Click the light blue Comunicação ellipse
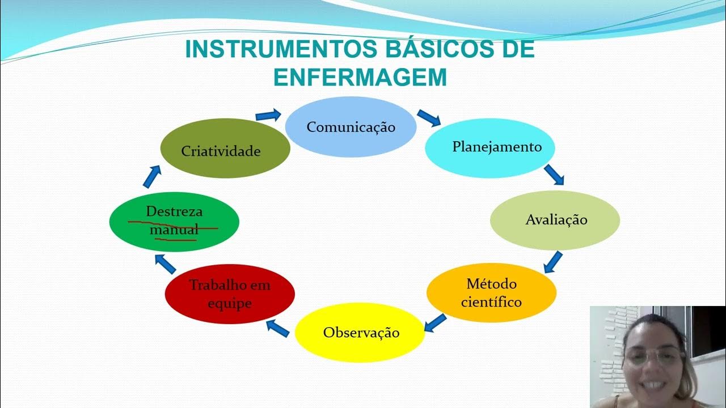tap(351, 127)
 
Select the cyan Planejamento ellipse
tap(489, 147)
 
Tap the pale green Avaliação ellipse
tap(555, 220)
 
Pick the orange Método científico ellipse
tap(491, 293)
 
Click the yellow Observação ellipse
tap(361, 333)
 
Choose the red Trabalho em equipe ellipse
tap(230, 294)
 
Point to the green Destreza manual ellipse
tap(174, 221)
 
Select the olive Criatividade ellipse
tap(225, 148)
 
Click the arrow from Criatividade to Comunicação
tap(268, 115)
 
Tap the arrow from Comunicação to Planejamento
tap(429, 117)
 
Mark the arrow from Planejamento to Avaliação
tap(554, 175)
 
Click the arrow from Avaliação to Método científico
tap(553, 262)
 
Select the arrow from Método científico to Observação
tap(435, 322)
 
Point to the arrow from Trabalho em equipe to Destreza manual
tap(166, 262)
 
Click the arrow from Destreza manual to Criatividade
tap(151, 176)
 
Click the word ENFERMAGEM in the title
tap(360, 78)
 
